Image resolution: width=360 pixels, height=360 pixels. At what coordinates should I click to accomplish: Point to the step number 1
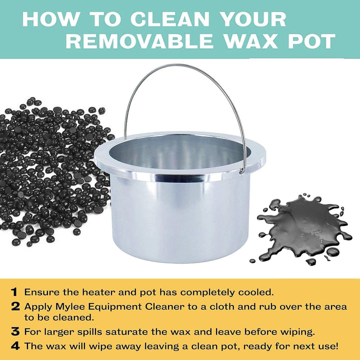pyautogui.click(x=14, y=291)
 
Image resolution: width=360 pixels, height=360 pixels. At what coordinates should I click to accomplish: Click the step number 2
pyautogui.click(x=14, y=306)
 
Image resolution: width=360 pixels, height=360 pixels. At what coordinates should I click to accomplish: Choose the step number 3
pyautogui.click(x=14, y=330)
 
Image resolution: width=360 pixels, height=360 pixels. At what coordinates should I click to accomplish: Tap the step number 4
pyautogui.click(x=14, y=345)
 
